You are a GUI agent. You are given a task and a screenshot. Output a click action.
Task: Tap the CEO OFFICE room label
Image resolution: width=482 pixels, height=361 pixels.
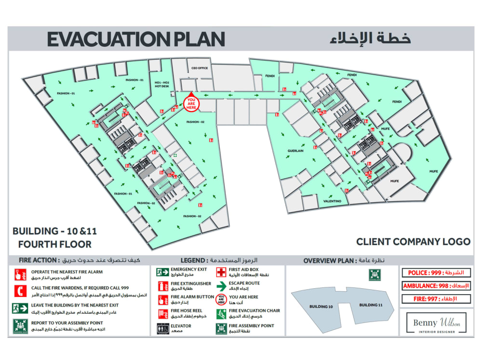click(200, 68)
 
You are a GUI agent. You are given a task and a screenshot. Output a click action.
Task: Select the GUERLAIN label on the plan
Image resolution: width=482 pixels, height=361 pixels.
click(295, 151)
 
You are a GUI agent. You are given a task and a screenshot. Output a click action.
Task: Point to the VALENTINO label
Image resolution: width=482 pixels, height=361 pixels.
click(333, 201)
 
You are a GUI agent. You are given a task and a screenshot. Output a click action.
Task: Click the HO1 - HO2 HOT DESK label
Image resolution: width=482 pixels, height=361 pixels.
click(162, 84)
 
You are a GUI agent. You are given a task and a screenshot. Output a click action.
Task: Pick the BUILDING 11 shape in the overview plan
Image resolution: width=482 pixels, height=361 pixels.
click(371, 305)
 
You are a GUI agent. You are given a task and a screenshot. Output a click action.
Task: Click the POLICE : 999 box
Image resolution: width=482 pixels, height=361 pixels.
click(435, 273)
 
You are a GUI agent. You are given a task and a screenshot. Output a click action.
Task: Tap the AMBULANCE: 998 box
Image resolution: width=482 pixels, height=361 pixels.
click(435, 286)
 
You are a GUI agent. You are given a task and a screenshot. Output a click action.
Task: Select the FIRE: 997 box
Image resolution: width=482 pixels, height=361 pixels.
click(435, 299)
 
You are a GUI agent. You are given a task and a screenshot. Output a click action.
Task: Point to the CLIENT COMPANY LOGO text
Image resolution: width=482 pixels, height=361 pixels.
click(413, 242)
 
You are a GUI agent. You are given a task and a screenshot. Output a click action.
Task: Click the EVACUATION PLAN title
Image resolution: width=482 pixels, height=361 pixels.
click(136, 39)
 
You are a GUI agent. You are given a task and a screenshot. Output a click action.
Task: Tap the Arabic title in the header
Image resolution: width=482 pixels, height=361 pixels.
click(370, 39)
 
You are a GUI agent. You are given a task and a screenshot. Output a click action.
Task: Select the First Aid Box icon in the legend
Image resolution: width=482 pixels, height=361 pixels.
click(221, 272)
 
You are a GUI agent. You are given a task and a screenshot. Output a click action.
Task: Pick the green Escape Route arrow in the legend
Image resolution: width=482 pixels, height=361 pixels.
click(221, 286)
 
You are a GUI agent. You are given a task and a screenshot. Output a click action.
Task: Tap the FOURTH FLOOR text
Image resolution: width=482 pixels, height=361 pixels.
click(52, 244)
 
